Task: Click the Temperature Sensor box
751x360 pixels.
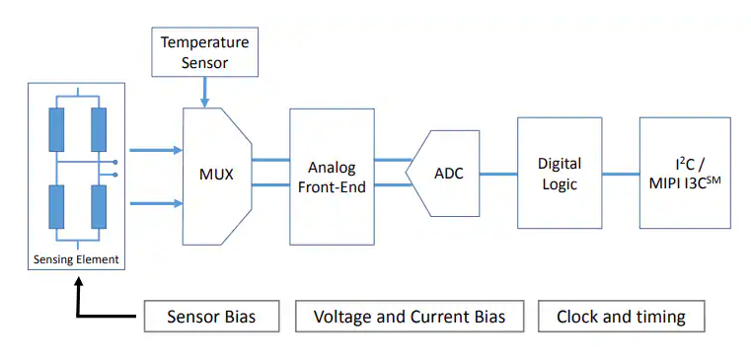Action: click(204, 53)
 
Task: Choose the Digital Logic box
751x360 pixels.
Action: click(559, 173)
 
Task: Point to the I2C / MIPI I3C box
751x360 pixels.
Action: click(685, 173)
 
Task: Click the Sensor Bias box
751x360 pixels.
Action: click(211, 317)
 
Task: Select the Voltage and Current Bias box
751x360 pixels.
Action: click(409, 317)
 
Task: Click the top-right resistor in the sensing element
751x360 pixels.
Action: click(99, 129)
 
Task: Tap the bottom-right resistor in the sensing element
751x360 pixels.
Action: click(99, 208)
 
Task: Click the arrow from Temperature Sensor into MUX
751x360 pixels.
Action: click(204, 93)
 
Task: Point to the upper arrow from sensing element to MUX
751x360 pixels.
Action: click(156, 150)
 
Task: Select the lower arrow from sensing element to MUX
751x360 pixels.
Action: click(156, 203)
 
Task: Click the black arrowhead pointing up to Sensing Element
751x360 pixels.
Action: click(76, 282)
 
